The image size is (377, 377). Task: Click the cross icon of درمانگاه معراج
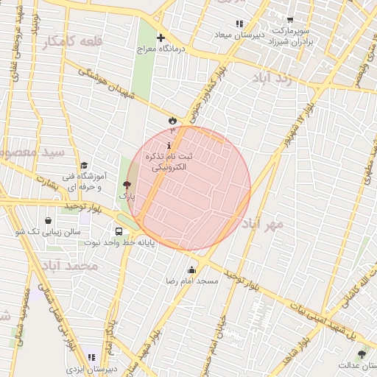point(161,38)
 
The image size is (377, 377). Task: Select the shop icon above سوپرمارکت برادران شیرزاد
point(290,21)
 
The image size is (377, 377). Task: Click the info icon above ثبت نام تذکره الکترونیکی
point(170,145)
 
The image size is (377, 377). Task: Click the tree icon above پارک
point(127,185)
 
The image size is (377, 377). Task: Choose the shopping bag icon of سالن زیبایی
point(49,219)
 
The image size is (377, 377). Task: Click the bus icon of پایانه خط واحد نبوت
point(119,230)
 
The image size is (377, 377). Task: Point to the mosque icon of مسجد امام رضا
point(192,269)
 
